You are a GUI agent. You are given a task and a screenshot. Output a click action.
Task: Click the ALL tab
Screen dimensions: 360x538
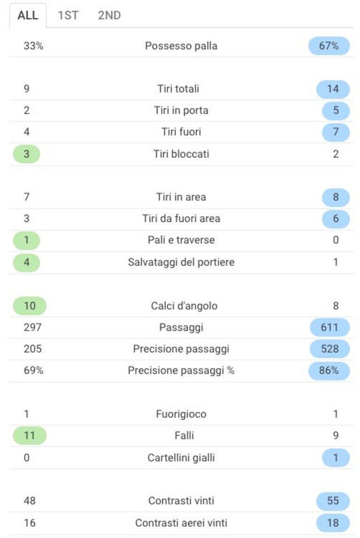(28, 15)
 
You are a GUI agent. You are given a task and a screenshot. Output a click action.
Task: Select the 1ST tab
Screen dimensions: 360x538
(68, 15)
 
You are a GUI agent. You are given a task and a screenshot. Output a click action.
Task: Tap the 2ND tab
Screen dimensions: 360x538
(109, 15)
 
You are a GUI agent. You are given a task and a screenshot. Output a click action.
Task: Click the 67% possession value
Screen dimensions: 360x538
(329, 45)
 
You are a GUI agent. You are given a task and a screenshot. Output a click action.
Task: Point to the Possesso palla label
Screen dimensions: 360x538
(181, 45)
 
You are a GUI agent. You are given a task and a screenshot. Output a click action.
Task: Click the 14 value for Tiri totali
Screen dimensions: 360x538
(333, 89)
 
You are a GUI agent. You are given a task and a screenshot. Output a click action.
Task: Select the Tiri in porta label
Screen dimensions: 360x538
(181, 110)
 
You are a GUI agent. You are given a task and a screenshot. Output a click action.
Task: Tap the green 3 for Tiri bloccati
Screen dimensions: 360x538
(26, 154)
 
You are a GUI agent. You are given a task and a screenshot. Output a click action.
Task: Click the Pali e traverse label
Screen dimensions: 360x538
(181, 240)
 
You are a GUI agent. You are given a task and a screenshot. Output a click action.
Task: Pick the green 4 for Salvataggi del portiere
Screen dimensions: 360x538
(26, 262)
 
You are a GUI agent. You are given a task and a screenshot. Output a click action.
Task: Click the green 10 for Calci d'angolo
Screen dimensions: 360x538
(30, 306)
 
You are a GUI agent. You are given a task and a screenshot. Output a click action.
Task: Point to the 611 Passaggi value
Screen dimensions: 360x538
(329, 327)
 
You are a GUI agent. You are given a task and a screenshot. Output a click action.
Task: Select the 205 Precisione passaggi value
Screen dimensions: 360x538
(32, 349)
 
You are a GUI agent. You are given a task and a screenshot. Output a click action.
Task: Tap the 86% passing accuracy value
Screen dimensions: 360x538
(329, 371)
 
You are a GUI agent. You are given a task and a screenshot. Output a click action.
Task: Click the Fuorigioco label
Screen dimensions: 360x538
(181, 414)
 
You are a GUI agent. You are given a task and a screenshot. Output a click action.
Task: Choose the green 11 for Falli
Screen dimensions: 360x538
(30, 435)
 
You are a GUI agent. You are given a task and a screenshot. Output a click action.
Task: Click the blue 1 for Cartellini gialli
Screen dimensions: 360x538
(336, 458)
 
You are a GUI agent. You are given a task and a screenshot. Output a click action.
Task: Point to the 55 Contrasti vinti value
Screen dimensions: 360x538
(333, 500)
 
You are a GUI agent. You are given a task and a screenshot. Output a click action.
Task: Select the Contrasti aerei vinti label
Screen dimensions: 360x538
(181, 523)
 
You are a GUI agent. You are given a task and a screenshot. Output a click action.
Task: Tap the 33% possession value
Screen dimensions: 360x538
(33, 45)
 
